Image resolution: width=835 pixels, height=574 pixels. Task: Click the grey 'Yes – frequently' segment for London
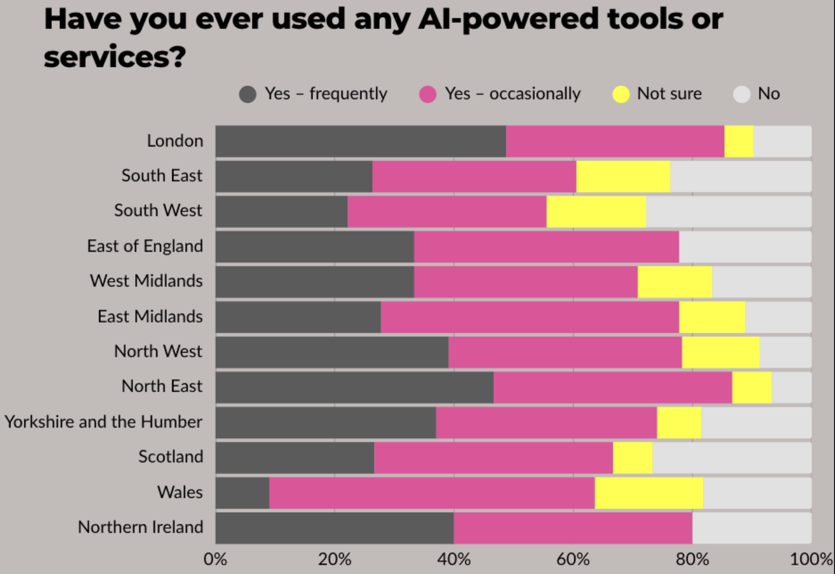[360, 141]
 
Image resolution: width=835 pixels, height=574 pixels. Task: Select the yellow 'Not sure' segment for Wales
[649, 493]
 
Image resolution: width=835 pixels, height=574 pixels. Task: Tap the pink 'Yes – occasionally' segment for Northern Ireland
[573, 527]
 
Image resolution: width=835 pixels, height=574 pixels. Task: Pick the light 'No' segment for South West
[728, 211]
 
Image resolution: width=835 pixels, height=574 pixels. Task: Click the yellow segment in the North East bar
[752, 387]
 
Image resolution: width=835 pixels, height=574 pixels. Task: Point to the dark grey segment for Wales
[242, 493]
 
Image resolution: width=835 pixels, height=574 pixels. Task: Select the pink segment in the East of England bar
[546, 246]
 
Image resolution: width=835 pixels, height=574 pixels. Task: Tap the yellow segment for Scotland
[632, 458]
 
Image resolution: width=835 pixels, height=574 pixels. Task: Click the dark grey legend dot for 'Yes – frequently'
[248, 94]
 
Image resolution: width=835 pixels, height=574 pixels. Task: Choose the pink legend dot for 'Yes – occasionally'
[428, 94]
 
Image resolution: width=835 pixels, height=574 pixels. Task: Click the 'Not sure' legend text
[669, 94]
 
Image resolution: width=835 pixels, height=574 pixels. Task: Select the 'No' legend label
[768, 94]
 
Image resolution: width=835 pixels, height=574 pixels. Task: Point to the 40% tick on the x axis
[454, 559]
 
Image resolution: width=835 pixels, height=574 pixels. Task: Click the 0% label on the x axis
[215, 559]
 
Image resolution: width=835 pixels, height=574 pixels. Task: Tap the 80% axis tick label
[692, 559]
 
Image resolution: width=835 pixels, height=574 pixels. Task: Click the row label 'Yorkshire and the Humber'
[103, 422]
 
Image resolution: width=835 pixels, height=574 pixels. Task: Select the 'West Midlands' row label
[146, 281]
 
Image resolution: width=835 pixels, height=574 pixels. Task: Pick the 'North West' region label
[158, 351]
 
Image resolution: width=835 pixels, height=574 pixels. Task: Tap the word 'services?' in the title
[115, 57]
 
